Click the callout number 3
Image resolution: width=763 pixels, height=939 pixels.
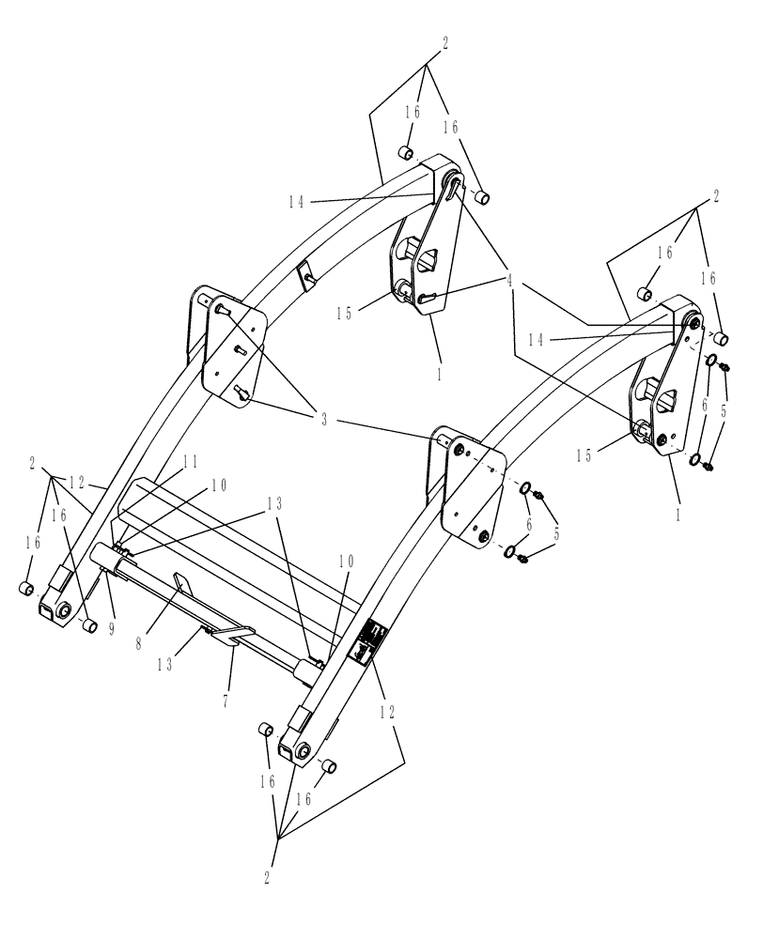tap(324, 421)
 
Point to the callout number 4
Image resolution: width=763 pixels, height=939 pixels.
tap(511, 279)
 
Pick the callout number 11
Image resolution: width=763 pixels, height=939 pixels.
tap(190, 461)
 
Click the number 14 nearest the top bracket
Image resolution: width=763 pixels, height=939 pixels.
tap(298, 201)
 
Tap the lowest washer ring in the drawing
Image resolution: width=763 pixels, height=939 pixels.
tap(516, 551)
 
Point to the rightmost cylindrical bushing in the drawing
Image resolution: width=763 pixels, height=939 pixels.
tap(723, 338)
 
